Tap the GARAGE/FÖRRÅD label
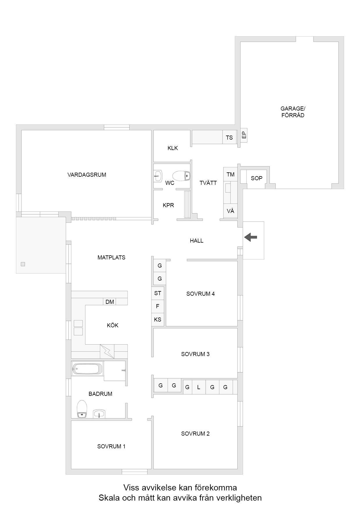(x=293, y=112)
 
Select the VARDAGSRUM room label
(x=87, y=175)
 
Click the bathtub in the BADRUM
(x=87, y=369)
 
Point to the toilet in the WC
(x=181, y=176)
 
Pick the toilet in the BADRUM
(x=82, y=409)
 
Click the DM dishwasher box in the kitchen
(x=109, y=302)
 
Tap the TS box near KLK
(x=229, y=137)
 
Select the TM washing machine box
(x=231, y=174)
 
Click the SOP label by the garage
(x=256, y=178)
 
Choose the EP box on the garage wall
(x=244, y=135)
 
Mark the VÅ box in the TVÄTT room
(x=231, y=211)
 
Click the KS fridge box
(x=158, y=320)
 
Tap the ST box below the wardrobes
(x=158, y=293)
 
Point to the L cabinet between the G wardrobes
(x=199, y=387)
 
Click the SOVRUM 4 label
(x=200, y=294)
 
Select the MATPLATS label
(x=111, y=257)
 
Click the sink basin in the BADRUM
(x=99, y=414)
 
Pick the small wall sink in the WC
(x=158, y=176)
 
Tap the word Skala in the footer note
(x=109, y=498)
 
